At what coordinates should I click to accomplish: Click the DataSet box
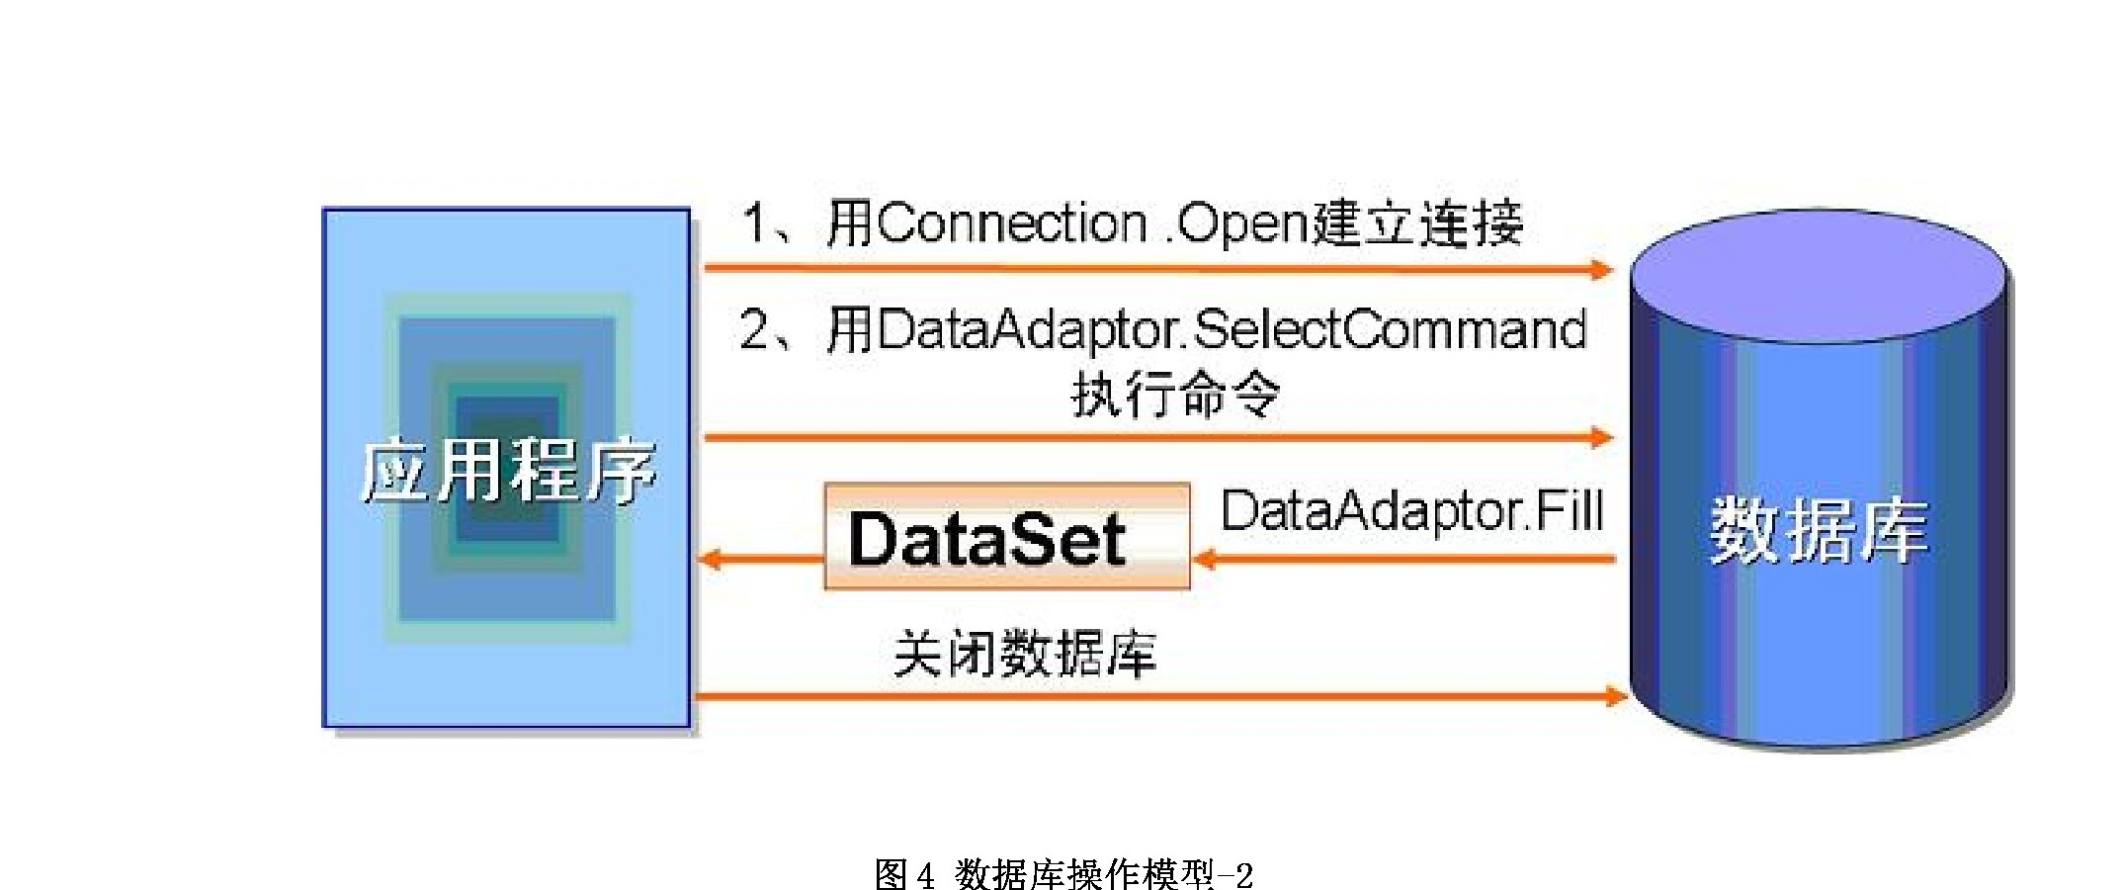tap(1007, 536)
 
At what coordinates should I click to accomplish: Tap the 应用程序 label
tap(508, 471)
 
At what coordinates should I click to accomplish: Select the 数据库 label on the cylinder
tap(1819, 531)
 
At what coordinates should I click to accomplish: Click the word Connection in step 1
tap(1011, 223)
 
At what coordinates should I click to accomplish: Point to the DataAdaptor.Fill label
tap(1412, 511)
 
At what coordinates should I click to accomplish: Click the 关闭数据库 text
tap(1025, 654)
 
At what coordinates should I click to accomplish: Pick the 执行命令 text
tap(1176, 396)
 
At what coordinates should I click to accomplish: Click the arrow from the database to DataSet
tap(1404, 560)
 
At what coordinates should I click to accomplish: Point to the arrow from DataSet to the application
tap(761, 560)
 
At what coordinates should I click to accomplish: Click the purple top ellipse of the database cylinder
tap(1819, 276)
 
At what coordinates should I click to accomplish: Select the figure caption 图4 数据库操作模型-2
tap(1063, 873)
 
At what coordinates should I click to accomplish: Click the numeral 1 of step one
tap(754, 223)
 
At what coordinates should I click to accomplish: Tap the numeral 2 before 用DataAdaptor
tap(754, 329)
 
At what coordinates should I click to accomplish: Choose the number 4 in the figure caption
tap(925, 875)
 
